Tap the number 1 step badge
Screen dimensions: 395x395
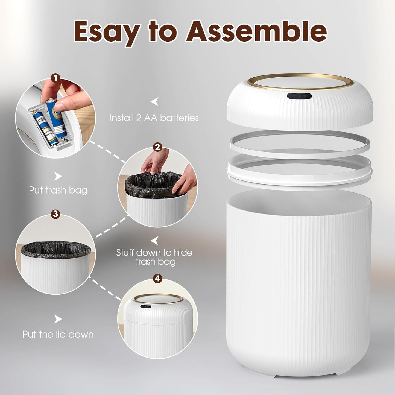coord(55,78)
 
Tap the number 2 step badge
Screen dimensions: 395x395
coord(157,147)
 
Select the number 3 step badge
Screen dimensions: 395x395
coord(55,214)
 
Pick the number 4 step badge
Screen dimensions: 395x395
coord(157,279)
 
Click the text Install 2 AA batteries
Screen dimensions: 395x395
coord(154,118)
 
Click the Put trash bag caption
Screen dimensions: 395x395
coord(58,190)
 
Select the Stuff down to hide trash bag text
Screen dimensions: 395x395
coord(154,257)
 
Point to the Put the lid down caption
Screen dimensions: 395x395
coord(58,334)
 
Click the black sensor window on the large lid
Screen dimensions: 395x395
coord(299,96)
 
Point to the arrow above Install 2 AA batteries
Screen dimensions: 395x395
coord(155,102)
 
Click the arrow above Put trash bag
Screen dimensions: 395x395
coord(58,176)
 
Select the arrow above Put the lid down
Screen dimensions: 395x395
coord(58,319)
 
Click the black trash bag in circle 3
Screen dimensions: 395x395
coord(55,248)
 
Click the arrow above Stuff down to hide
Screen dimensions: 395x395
coord(155,241)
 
